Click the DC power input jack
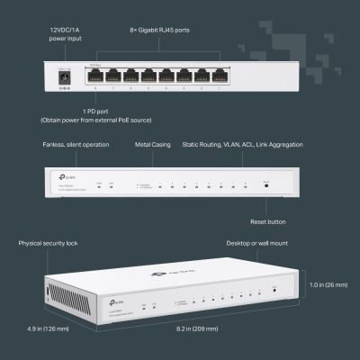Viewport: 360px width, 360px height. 64,78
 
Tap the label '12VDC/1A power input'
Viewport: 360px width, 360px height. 64,35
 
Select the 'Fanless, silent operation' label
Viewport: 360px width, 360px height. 76,144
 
